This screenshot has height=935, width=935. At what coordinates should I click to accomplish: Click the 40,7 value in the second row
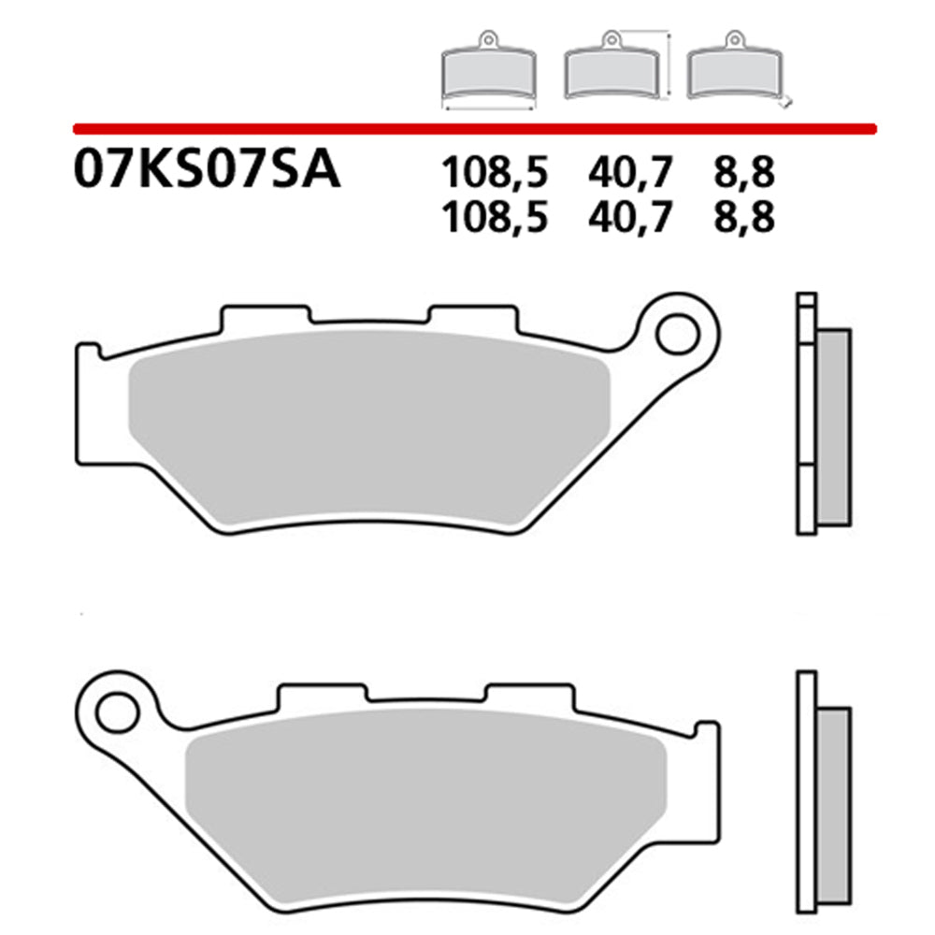(632, 217)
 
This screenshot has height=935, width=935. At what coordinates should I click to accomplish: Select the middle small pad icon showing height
(611, 73)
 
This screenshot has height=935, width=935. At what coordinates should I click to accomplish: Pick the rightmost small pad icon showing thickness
(733, 73)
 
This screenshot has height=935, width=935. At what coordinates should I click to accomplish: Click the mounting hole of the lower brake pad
(118, 712)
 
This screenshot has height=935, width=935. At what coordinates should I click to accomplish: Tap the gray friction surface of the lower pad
(425, 804)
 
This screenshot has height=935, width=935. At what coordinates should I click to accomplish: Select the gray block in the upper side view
(835, 425)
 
